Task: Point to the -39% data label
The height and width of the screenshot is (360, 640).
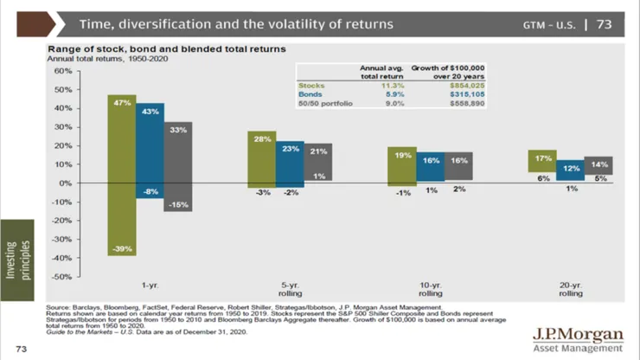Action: click(x=121, y=249)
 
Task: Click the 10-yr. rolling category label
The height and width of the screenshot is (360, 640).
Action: click(x=430, y=288)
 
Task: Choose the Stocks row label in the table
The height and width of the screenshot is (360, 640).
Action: click(x=311, y=86)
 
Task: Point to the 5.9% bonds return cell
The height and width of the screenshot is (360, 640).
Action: click(x=395, y=94)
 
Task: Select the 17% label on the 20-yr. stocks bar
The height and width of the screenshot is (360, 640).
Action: click(x=544, y=158)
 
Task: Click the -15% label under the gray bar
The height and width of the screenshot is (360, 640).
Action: click(x=178, y=204)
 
